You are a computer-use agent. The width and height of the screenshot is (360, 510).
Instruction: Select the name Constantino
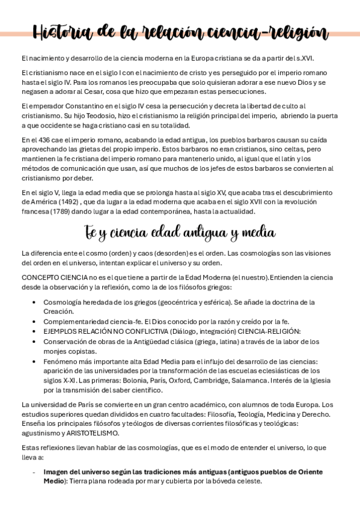[69, 106]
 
